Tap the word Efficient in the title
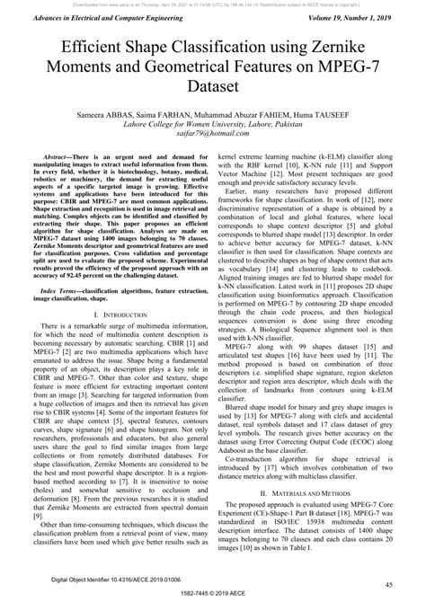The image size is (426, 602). point(93,49)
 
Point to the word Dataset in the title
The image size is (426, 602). point(212,88)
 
